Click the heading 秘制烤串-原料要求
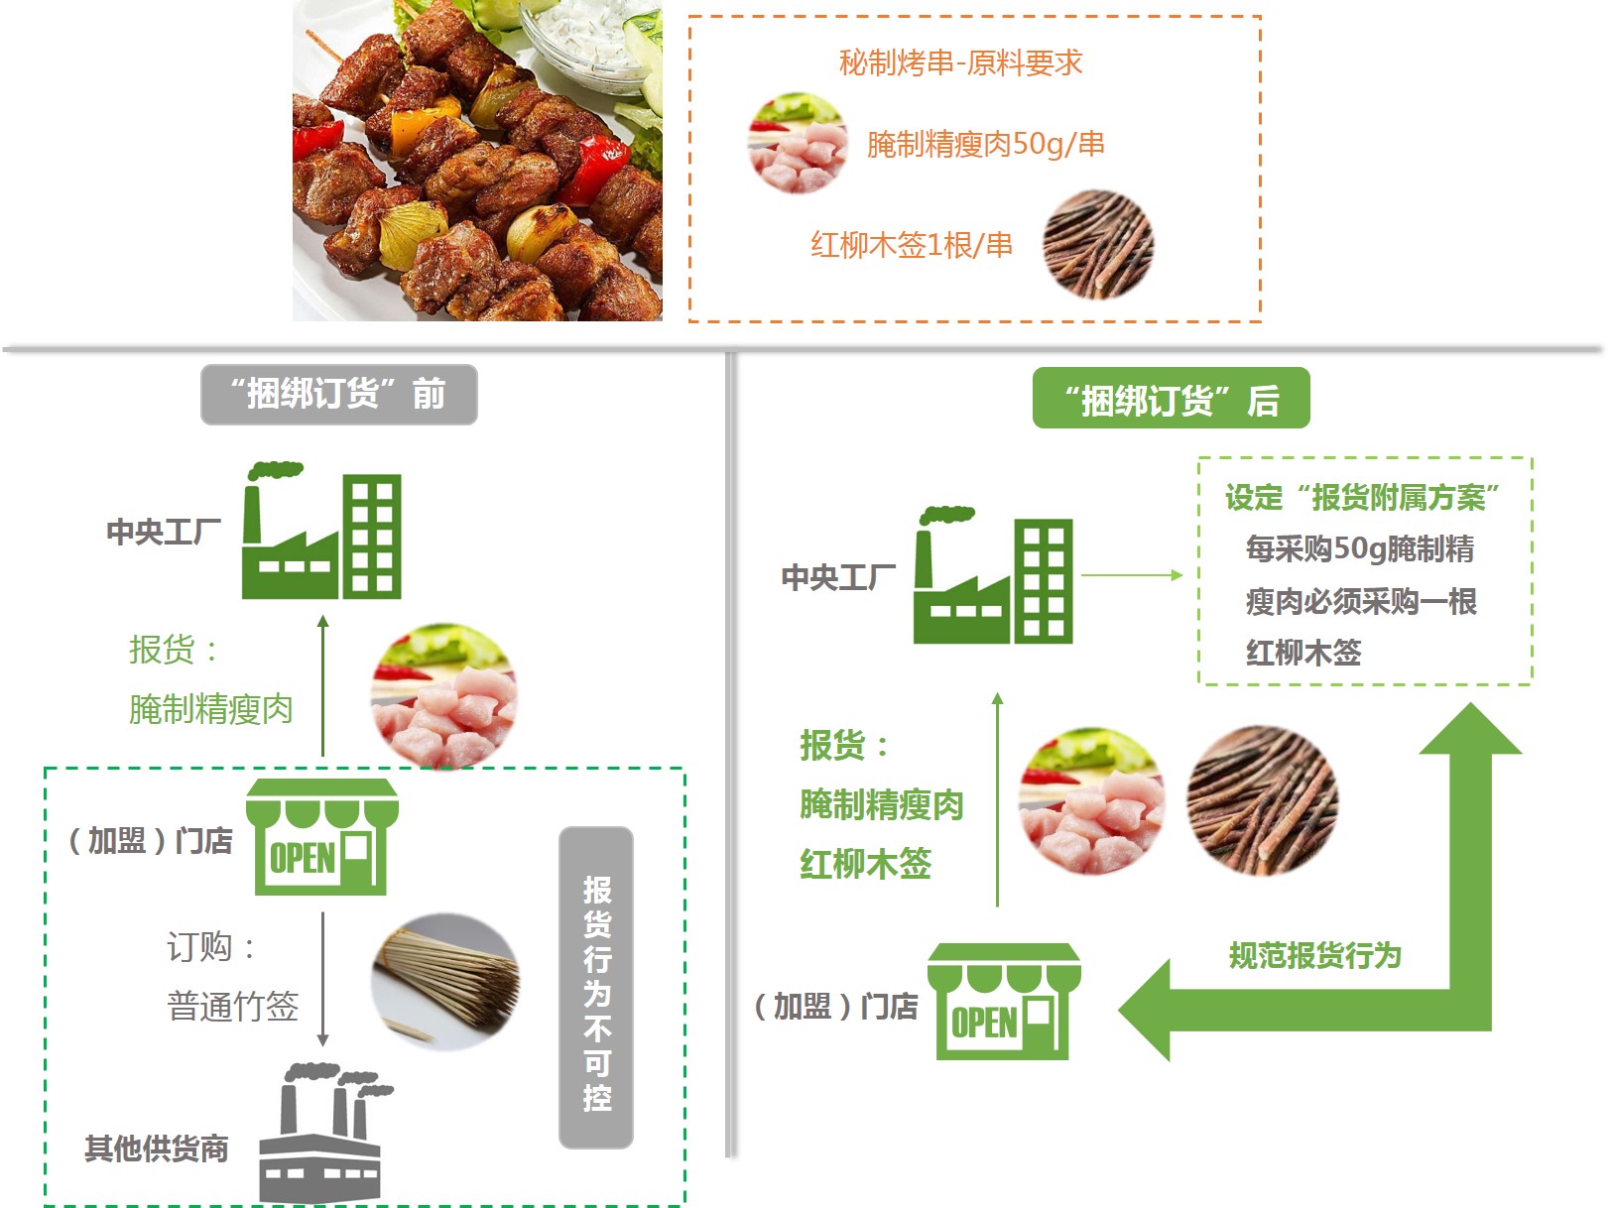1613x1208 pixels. pos(960,62)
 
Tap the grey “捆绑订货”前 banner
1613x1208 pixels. pos(338,395)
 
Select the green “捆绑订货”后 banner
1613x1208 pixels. pos(1171,398)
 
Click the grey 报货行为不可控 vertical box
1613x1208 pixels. pos(596,987)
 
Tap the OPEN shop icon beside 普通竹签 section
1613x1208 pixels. pos(321,836)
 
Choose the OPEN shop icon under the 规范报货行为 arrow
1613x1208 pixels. pos(1004,1001)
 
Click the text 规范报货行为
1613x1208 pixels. pos(1314,955)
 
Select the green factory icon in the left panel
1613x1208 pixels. pos(321,531)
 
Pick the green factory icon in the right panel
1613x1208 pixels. pos(993,575)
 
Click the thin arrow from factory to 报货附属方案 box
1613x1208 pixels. pos(1132,575)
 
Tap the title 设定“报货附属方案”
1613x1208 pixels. pos(1362,497)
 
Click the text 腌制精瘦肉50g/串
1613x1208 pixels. pos(985,144)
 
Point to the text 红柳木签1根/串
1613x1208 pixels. pos(912,245)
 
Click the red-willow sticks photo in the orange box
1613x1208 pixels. pos(1098,245)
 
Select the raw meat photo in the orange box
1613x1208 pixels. pos(798,143)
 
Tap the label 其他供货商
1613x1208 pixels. pos(157,1148)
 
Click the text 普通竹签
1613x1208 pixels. pos(233,1006)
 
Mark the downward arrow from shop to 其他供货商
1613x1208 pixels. pos(322,979)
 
